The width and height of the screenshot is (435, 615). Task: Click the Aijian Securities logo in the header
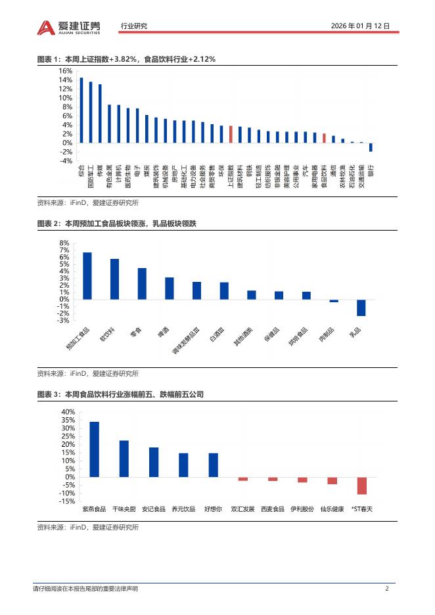tap(69, 26)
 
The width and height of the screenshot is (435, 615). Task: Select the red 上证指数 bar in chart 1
tap(231, 134)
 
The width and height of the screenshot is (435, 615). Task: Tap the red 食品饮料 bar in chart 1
tap(324, 138)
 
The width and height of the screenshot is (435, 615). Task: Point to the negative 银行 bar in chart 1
tap(371, 147)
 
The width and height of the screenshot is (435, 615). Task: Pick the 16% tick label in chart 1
tap(65, 71)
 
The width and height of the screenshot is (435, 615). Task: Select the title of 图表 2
tap(116, 224)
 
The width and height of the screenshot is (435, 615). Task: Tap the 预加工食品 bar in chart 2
tap(87, 276)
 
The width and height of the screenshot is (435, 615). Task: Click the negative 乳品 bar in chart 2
tap(361, 307)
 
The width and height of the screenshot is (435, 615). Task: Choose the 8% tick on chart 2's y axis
tap(64, 242)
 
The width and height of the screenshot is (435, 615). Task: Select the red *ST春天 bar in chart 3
tap(361, 486)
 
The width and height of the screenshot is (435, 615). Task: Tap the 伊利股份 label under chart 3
tap(301, 509)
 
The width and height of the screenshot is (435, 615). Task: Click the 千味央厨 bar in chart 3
tap(124, 459)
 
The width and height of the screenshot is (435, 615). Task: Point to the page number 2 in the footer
tap(387, 589)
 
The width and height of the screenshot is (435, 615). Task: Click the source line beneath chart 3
tap(88, 527)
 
